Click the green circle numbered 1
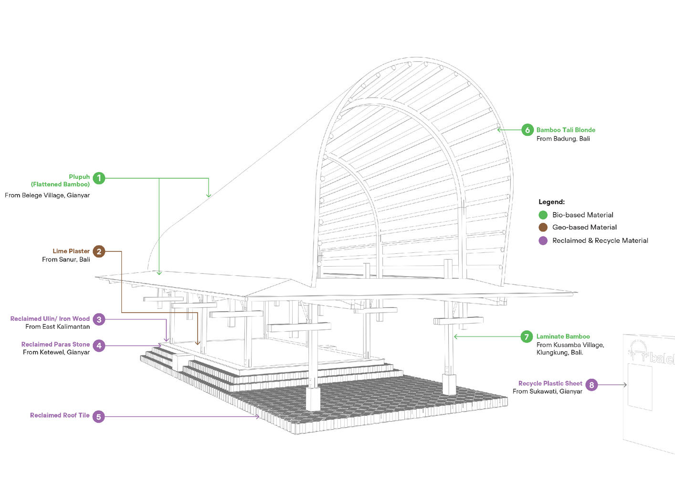(99, 178)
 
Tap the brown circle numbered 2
(99, 251)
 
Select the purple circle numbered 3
(99, 319)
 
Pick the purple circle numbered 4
(99, 345)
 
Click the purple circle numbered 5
(98, 416)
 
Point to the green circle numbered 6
(527, 130)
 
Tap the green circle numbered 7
(527, 337)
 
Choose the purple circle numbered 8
(591, 384)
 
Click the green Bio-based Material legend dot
(543, 215)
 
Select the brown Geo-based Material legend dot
(543, 228)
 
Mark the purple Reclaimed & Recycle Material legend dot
(543, 240)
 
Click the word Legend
(551, 202)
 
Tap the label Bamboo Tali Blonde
(566, 130)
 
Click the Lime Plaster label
(71, 251)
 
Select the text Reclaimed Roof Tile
(60, 415)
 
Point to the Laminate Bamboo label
(563, 337)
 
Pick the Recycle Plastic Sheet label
(550, 383)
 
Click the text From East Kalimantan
(57, 327)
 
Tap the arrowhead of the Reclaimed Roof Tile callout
(258, 417)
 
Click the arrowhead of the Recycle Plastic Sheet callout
(625, 385)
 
